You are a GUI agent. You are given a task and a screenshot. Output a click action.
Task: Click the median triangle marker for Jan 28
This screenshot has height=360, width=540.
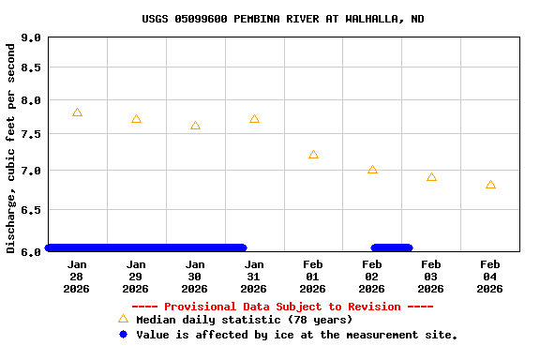77,112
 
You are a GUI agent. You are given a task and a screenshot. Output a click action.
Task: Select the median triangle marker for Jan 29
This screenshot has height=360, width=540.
136,119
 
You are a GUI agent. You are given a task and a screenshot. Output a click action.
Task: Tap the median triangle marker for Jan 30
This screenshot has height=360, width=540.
195,126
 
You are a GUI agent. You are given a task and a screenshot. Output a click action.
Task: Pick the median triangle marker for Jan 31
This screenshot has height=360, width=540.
254,119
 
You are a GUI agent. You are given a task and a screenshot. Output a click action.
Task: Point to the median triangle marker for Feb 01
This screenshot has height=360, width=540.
313,155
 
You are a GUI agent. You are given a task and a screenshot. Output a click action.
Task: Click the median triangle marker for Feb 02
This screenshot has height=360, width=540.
372,170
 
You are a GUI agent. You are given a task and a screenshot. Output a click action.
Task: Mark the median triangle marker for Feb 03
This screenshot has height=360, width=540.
431,177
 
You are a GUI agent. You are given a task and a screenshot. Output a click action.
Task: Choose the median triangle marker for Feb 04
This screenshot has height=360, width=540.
490,185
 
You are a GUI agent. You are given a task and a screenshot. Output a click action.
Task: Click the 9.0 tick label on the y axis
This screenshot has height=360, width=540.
31,38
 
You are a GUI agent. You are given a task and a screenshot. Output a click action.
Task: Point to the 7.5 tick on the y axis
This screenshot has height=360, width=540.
31,134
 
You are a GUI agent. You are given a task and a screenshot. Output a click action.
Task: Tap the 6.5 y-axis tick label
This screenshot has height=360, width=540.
31,211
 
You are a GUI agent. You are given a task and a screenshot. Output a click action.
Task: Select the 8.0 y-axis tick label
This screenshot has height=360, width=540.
31,100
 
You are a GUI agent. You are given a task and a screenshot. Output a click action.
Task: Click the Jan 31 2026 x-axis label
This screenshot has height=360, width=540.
254,277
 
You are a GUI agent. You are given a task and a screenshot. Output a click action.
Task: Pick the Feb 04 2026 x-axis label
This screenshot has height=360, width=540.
490,277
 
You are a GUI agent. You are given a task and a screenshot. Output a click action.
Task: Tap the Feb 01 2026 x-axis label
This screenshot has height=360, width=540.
313,277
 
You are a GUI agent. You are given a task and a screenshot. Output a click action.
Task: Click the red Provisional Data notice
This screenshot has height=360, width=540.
282,307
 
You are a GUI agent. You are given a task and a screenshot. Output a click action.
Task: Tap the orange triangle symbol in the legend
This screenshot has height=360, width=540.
123,319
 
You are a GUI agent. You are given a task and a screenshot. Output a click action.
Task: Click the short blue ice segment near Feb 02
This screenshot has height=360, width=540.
392,247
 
